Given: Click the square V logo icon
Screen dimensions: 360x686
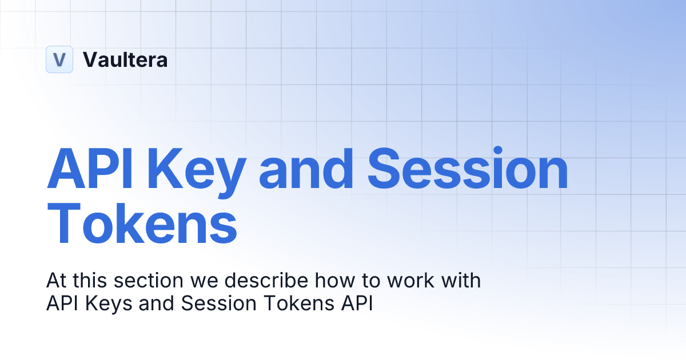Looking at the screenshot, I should point(59,59).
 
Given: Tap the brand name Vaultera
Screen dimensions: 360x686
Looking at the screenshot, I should point(125,59).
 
